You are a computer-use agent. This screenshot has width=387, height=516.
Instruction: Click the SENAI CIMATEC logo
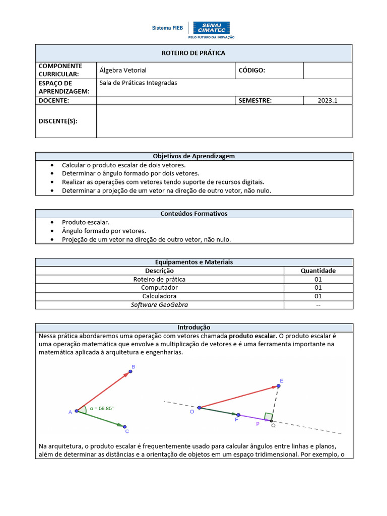point(211,29)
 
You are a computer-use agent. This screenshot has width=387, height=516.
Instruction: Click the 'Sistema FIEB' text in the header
point(167,28)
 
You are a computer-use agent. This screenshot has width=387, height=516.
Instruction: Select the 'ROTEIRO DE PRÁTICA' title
point(193,53)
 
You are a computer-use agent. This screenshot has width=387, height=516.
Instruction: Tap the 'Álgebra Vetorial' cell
point(123,71)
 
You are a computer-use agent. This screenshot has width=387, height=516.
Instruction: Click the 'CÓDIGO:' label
point(251,71)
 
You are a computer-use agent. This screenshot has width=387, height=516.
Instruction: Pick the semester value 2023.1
point(327,100)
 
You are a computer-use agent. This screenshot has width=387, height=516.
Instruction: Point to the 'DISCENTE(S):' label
point(58,121)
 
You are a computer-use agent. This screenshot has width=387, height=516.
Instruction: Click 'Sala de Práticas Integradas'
point(138,83)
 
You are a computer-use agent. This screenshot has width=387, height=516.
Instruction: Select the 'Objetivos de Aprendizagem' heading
point(193,156)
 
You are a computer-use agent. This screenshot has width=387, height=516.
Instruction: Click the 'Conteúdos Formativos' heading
point(193,214)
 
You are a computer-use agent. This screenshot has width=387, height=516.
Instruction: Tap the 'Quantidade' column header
point(318,271)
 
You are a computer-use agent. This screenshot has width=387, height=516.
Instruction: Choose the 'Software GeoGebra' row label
point(159,305)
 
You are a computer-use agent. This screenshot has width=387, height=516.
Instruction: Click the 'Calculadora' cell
point(159,296)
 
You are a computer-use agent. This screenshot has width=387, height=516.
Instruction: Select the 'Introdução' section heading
point(193,328)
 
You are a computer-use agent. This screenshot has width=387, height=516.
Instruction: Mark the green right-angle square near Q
point(268,416)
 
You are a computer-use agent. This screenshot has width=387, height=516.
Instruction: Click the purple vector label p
point(257,424)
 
